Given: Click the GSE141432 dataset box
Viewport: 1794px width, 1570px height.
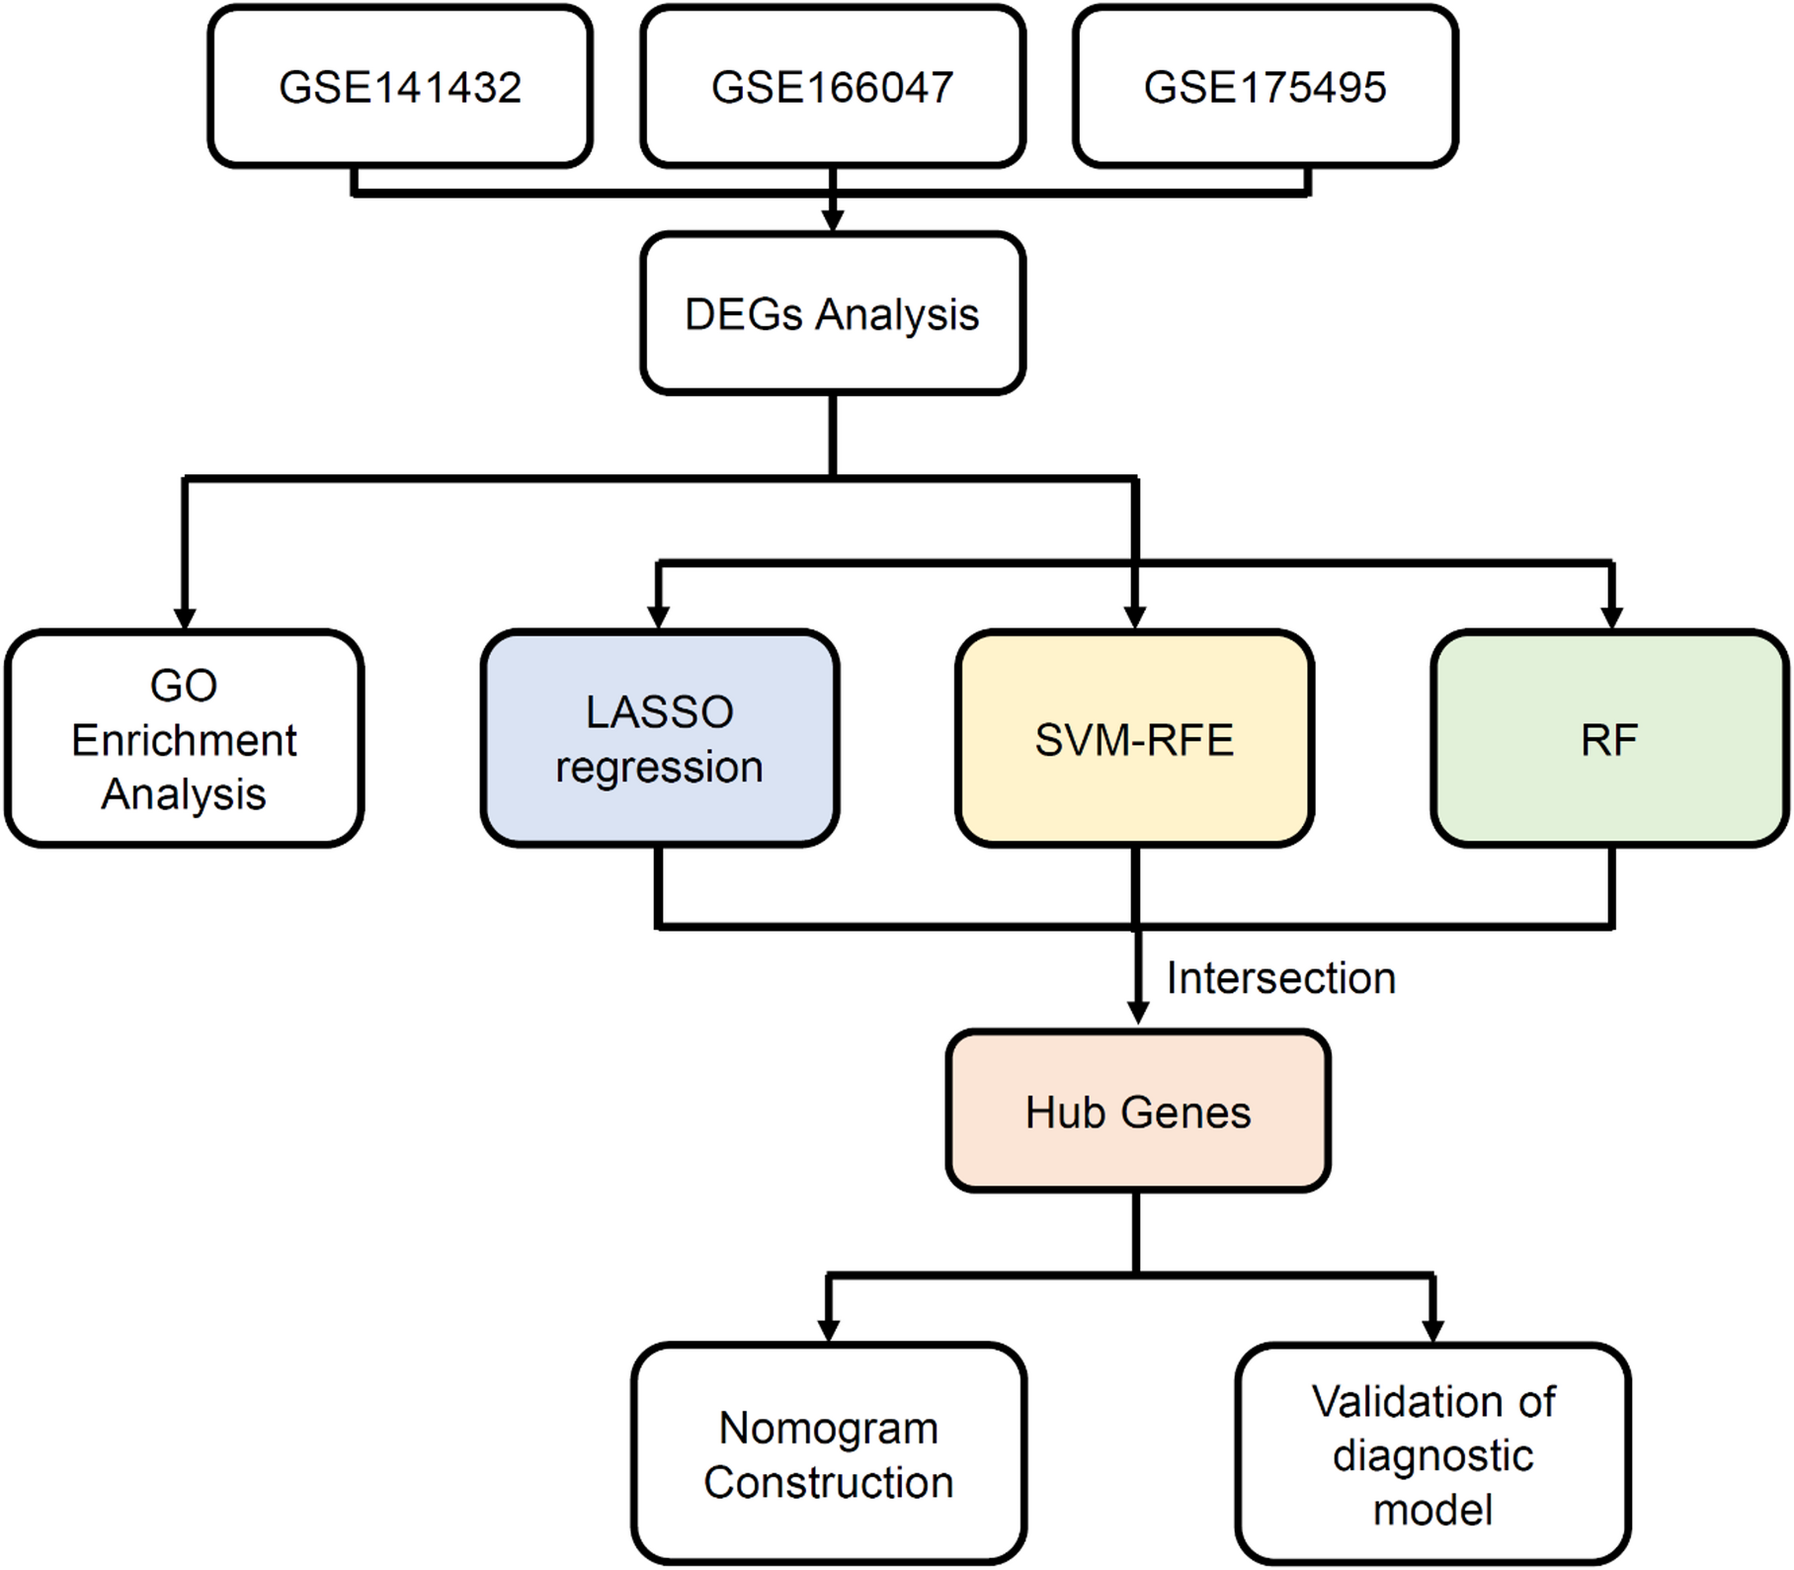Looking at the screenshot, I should click(400, 87).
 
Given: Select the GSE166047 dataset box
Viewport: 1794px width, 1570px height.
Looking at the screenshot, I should click(833, 87).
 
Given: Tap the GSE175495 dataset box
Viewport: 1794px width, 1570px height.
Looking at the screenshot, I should click(1265, 87).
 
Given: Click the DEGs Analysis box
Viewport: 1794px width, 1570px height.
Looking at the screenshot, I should click(833, 314).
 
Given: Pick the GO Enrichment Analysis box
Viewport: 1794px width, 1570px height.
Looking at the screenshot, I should click(184, 739).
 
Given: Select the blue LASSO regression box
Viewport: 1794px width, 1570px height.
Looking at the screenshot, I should click(660, 739).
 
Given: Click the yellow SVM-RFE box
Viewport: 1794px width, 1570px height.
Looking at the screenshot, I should click(1134, 739).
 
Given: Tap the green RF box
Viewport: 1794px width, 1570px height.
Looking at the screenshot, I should click(1610, 739).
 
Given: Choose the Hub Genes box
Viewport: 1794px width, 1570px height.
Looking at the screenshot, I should click(1138, 1112).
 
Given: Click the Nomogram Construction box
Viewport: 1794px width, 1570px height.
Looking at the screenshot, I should click(829, 1454).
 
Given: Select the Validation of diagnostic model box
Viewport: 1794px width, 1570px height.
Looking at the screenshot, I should click(1432, 1454).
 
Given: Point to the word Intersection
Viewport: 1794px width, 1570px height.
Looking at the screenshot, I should click(1281, 978).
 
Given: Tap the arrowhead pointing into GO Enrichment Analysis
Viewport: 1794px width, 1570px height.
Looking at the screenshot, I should click(184, 618).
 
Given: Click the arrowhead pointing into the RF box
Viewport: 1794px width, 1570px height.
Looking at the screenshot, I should click(1611, 618).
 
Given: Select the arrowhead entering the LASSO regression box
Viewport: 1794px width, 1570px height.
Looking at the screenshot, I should click(659, 618).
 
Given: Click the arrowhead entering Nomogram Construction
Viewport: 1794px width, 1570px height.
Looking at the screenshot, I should click(829, 1329).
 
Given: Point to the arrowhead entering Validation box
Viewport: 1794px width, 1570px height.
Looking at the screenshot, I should click(1432, 1329).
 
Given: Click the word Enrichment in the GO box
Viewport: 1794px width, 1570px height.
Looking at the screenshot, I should click(184, 740).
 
